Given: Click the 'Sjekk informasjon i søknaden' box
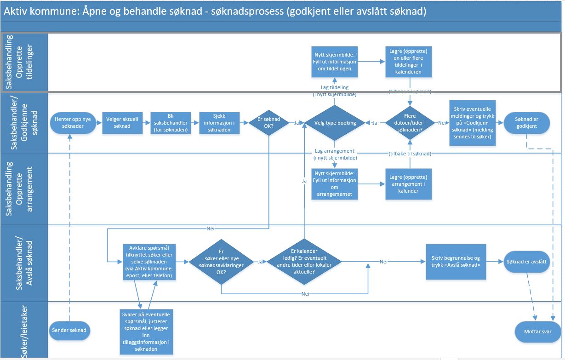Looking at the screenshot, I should click(x=219, y=123).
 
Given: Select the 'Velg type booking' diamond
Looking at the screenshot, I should click(x=335, y=123).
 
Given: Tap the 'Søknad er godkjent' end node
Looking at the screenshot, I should click(x=526, y=123).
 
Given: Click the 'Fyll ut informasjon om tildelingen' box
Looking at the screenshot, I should click(x=335, y=61).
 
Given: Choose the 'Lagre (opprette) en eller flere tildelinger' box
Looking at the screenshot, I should click(x=409, y=61).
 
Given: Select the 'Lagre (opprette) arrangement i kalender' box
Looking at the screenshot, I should click(x=409, y=184).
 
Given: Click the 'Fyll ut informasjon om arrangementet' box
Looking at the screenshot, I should click(x=335, y=184).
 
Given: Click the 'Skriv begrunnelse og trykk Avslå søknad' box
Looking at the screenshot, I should click(x=456, y=261).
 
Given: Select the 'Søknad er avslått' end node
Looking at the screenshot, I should click(x=526, y=262).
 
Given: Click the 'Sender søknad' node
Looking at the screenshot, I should click(x=69, y=330).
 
